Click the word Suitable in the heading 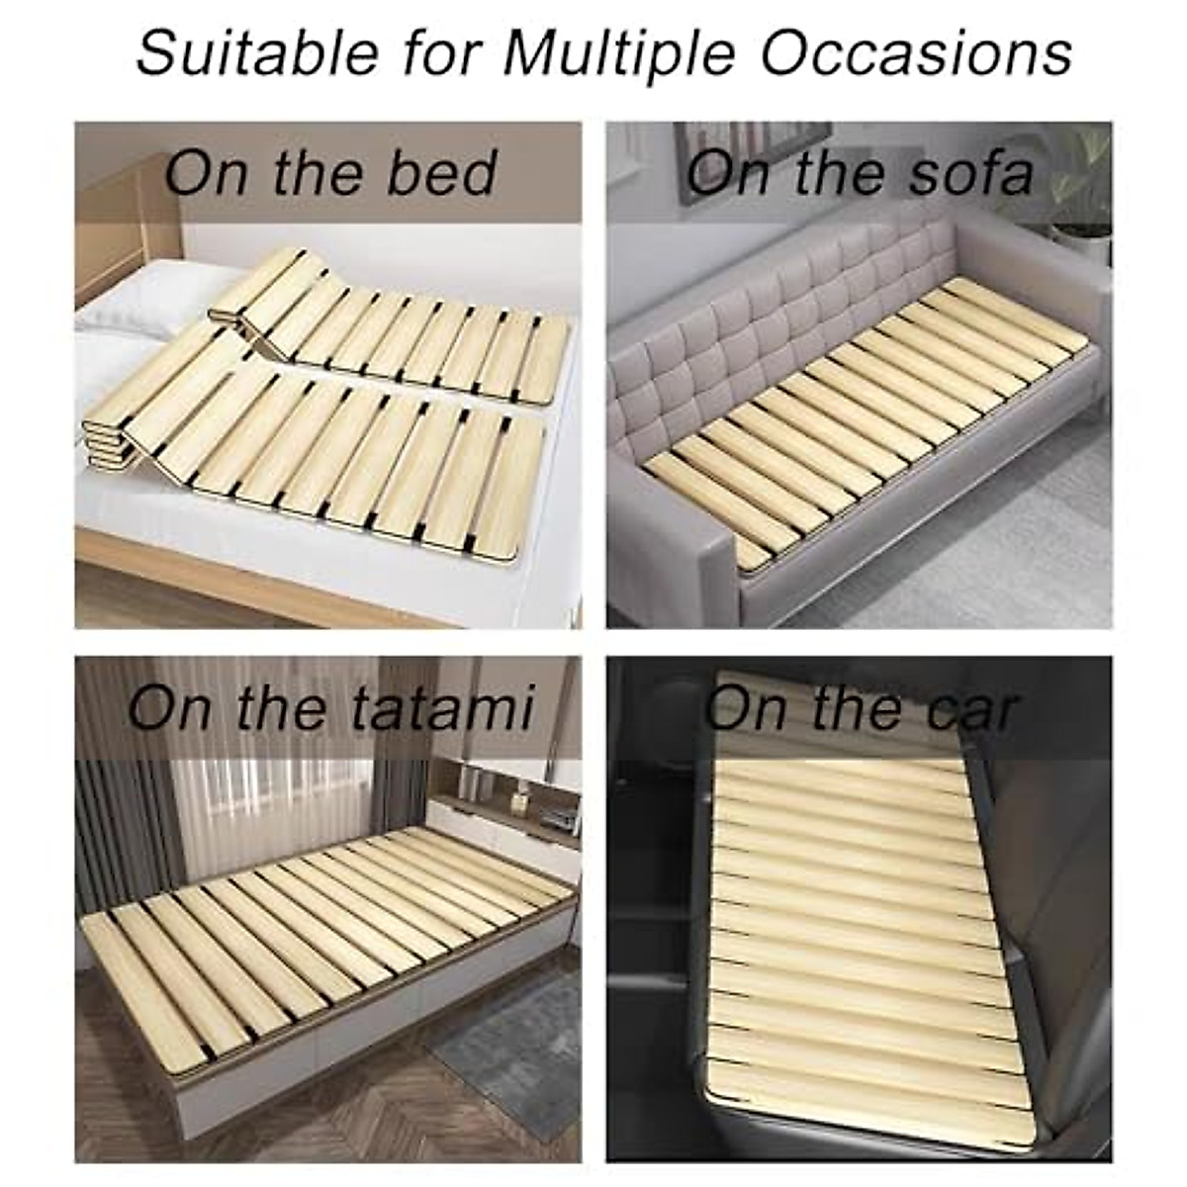[x=258, y=51]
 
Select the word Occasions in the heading [x=916, y=51]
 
